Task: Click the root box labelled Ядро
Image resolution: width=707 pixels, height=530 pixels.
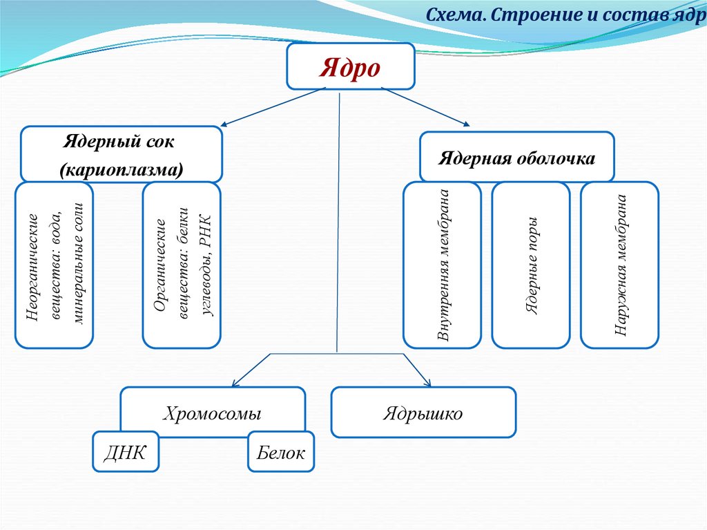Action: [350, 66]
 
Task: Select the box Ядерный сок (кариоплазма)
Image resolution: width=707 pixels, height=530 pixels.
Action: [122, 155]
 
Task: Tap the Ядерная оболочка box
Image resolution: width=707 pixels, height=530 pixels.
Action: [517, 158]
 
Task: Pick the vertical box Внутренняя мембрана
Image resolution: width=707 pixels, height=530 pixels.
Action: [442, 265]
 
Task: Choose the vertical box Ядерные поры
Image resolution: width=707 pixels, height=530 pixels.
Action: [531, 265]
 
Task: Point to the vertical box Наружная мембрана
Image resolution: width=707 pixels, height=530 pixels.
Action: [620, 265]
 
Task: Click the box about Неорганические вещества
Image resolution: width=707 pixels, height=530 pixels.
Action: [55, 265]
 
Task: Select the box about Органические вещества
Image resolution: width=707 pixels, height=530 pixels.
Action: [182, 265]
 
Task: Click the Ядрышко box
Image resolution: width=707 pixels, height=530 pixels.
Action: [423, 413]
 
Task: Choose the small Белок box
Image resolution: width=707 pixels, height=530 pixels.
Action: [280, 452]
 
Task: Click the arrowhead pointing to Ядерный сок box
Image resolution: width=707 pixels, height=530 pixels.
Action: [223, 126]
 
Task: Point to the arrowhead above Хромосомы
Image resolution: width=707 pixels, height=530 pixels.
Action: [234, 384]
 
